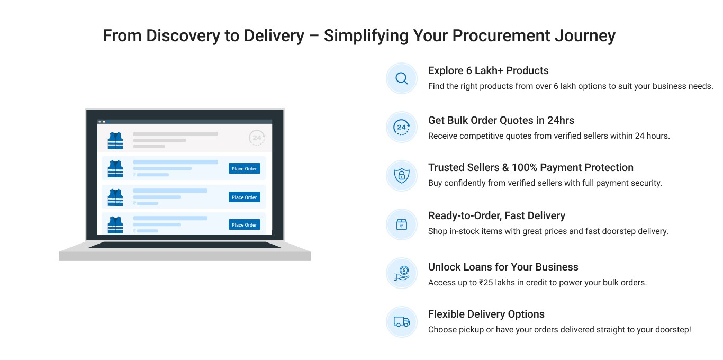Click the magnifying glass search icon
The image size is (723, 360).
tap(402, 78)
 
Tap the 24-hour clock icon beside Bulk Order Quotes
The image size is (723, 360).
tap(402, 127)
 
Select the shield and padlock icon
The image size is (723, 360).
tap(402, 175)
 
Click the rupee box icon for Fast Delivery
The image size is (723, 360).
tap(402, 224)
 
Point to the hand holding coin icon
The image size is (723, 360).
tap(402, 273)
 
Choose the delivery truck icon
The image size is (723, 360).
tap(402, 321)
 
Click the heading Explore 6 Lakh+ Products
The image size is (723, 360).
tap(488, 70)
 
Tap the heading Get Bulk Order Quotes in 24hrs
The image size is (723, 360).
tap(501, 120)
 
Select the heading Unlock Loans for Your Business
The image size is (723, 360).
tap(503, 267)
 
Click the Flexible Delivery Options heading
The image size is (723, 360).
tap(486, 314)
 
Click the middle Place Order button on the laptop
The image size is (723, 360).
tap(244, 197)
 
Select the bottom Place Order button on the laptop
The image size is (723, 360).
tap(244, 224)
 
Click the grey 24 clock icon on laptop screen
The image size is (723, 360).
tap(257, 138)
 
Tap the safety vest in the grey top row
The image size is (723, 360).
tap(115, 141)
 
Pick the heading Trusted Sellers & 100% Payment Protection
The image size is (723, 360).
tap(530, 167)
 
